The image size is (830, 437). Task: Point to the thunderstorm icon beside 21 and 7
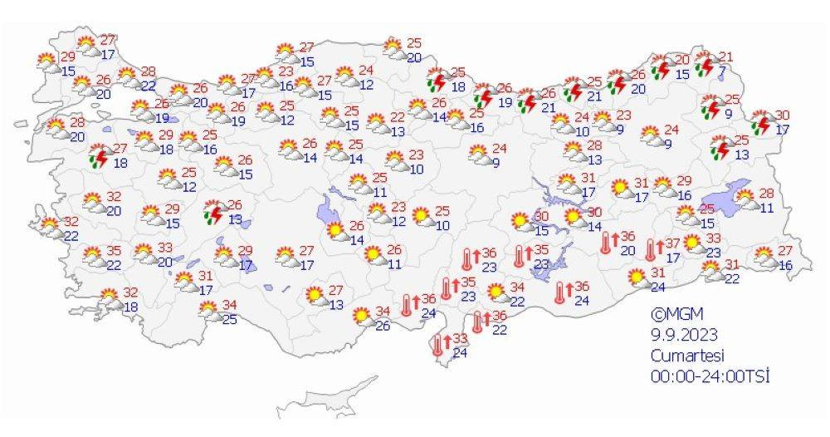705,64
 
